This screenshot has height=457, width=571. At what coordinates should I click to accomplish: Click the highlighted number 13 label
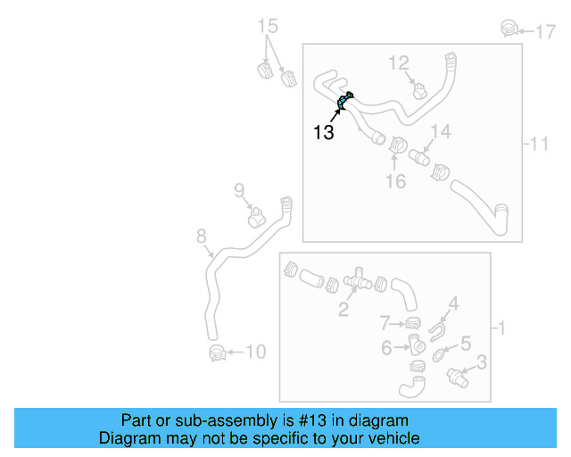click(324, 133)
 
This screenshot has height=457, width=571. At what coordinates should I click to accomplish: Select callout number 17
click(545, 31)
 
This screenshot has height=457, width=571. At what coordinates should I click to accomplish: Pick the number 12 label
click(398, 62)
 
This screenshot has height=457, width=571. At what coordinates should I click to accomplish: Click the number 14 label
click(441, 133)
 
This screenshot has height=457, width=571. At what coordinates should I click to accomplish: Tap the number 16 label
click(395, 181)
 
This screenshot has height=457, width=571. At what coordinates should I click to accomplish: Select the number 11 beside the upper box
click(539, 144)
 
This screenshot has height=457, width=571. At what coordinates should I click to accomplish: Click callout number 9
click(239, 189)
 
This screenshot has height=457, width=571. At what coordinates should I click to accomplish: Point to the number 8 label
click(202, 237)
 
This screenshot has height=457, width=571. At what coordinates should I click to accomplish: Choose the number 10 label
click(255, 353)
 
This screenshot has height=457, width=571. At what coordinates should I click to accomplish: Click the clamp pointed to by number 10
click(216, 353)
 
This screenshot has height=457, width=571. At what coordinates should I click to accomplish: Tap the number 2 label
click(343, 310)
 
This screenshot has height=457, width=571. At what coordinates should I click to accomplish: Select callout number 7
click(385, 322)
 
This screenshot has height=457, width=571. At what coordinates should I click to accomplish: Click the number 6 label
click(386, 348)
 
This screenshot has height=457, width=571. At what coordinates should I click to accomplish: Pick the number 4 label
click(453, 304)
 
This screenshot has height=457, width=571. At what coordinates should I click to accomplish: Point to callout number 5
click(465, 343)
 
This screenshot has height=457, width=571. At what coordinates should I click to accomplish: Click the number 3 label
click(481, 361)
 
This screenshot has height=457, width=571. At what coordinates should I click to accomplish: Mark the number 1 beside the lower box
click(501, 328)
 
